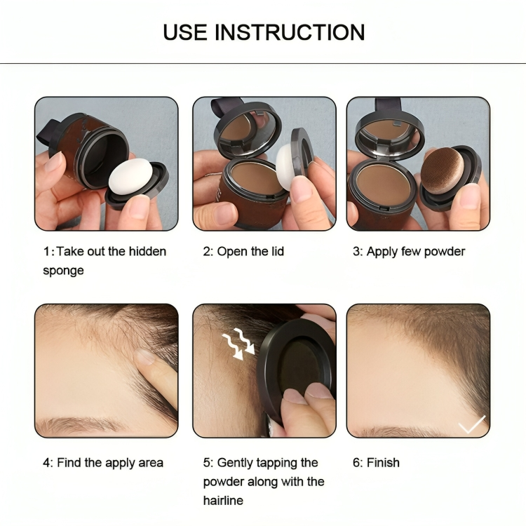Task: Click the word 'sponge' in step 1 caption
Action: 63,270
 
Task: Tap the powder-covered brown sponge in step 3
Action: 446,171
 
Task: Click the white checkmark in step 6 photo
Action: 471,424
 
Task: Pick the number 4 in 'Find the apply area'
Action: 46,463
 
